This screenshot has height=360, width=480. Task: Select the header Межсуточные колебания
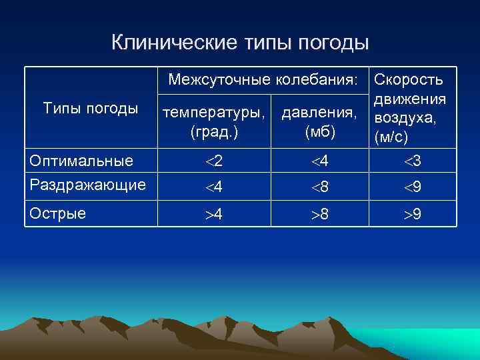coord(263,80)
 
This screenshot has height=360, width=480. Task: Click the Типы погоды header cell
coord(90,108)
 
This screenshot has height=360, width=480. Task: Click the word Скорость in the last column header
coord(409,80)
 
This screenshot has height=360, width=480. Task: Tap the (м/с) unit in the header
coord(392,138)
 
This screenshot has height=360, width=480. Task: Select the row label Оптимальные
coord(81,161)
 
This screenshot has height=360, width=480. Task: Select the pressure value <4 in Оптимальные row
coord(319,161)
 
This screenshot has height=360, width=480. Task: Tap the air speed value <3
coord(412,161)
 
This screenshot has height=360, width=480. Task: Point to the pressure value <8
coord(319,188)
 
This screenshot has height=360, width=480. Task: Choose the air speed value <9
coord(412,188)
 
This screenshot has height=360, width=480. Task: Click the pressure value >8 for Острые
coord(319,215)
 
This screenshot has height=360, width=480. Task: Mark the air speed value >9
coord(412,215)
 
